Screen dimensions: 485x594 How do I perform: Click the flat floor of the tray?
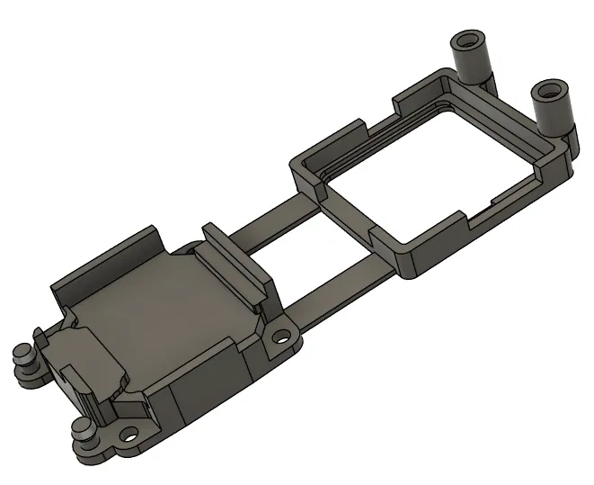coord(153,315)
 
